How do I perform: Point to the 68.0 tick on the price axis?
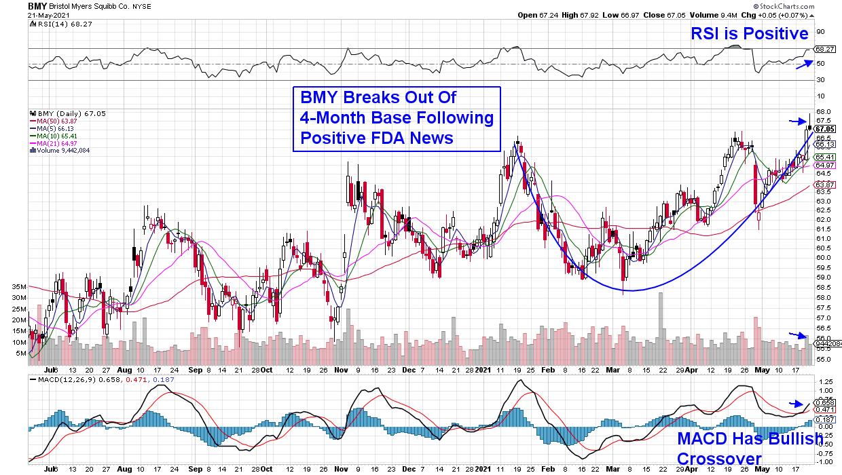(822, 112)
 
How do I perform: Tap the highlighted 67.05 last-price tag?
(824, 128)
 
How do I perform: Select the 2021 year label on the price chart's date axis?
(482, 370)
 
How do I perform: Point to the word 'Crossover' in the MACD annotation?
(719, 459)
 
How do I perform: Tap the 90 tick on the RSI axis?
(820, 31)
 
